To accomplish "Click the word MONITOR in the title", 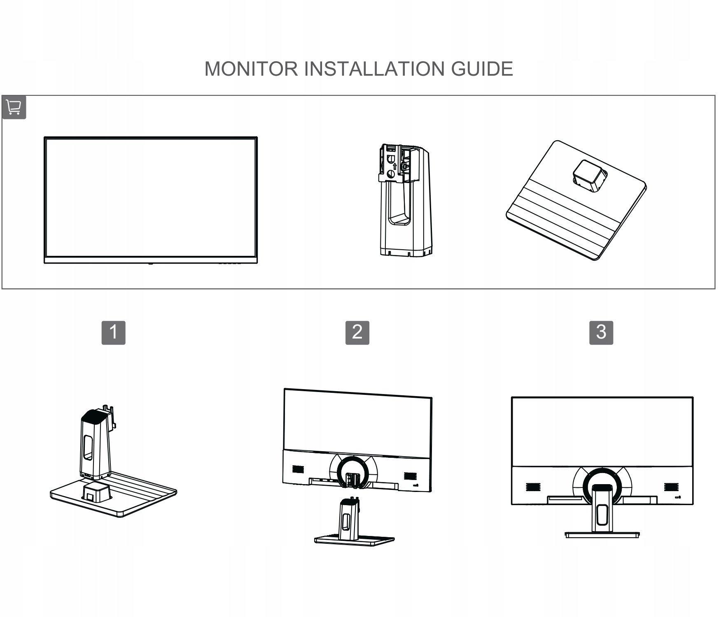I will point(251,69).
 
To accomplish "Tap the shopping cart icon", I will point(14,107).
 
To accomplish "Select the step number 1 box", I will point(113,332).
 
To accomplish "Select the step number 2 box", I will point(357,332).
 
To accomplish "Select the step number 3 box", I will point(601,332).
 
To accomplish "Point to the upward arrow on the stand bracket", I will point(394,166).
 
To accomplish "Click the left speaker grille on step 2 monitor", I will point(298,469).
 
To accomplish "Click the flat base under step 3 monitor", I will point(601,535).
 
